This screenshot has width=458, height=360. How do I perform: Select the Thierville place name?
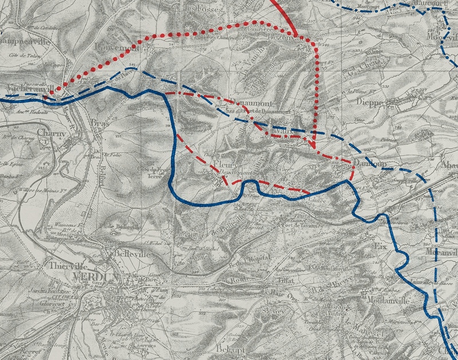click(68, 266)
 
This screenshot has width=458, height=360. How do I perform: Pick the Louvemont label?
click(114, 48)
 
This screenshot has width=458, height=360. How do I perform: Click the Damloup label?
click(368, 164)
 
